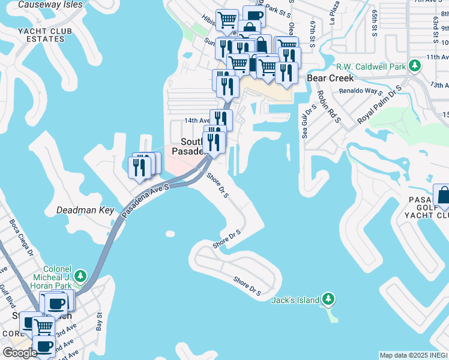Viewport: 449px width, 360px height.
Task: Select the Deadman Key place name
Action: click(85, 211)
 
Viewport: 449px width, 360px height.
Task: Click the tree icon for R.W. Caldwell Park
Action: click(414, 65)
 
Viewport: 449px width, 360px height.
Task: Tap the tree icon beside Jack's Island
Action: click(327, 298)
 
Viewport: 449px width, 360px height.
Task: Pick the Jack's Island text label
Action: click(295, 300)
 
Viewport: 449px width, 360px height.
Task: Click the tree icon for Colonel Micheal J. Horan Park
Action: click(79, 277)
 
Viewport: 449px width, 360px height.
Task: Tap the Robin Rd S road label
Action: click(328, 107)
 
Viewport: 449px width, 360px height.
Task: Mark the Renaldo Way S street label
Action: click(361, 91)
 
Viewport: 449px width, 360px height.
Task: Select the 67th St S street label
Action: click(313, 33)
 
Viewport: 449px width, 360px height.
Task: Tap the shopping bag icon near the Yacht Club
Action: click(443, 195)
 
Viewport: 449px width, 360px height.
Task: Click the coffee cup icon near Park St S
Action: click(253, 16)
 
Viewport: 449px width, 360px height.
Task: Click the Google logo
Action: click(20, 353)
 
